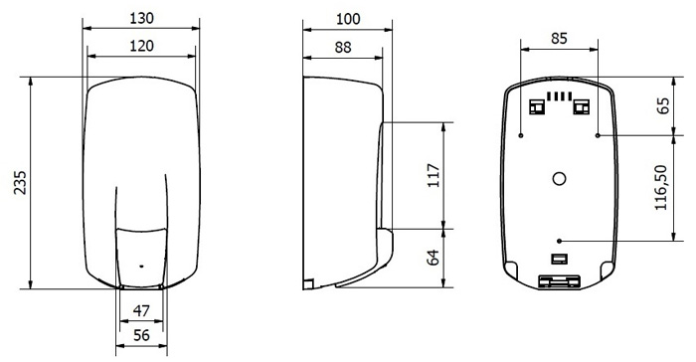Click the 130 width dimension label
tap(141, 18)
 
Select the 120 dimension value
tap(141, 46)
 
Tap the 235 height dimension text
tap(20, 182)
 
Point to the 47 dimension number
tap(141, 311)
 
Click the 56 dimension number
tap(141, 335)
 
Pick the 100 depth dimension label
tap(348, 19)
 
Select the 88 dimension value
tap(343, 47)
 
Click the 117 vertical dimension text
tap(434, 175)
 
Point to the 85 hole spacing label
tap(559, 39)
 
